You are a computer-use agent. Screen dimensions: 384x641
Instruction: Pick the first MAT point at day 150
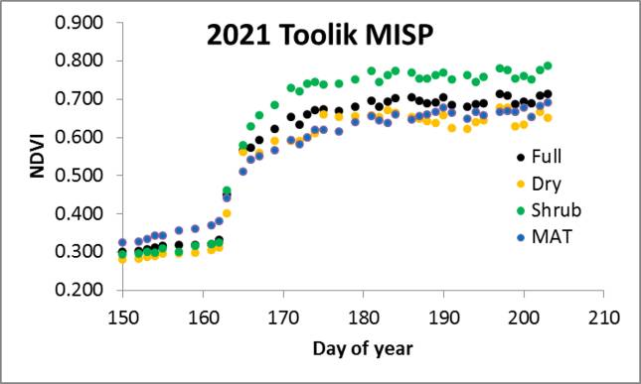coord(122,243)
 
